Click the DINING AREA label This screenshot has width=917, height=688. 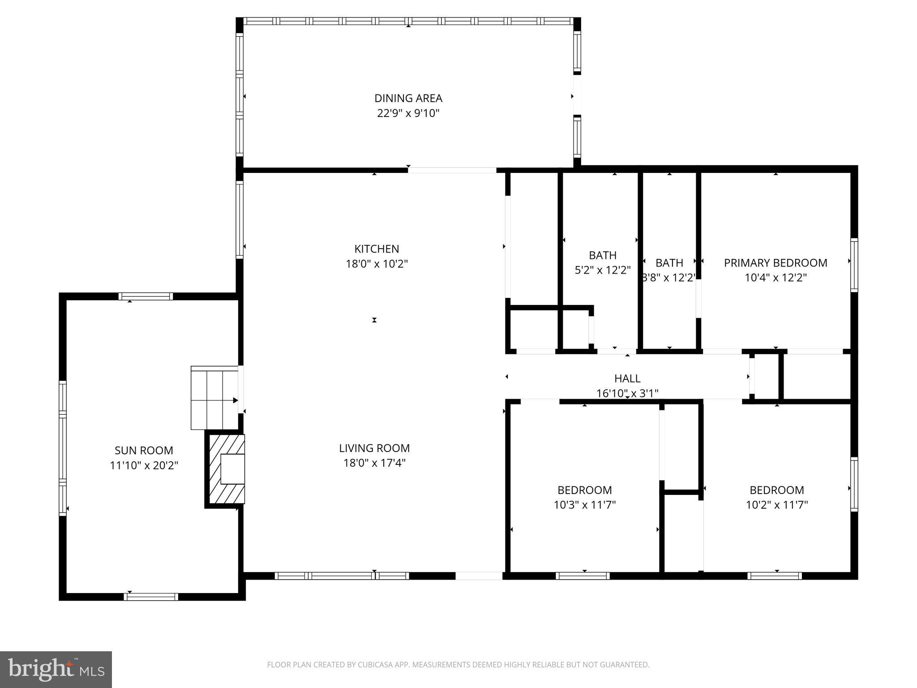[x=408, y=98]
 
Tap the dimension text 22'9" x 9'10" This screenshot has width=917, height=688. [x=408, y=113]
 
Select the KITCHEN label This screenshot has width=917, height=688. [x=377, y=249]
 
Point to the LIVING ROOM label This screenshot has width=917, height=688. [x=374, y=448]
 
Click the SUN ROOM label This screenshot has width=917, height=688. [x=144, y=450]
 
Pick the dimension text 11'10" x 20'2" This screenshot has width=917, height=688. [x=144, y=465]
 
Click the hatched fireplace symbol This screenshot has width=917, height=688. [x=225, y=469]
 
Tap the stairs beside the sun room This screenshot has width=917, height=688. [x=214, y=397]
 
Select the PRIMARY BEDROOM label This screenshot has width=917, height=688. [x=776, y=263]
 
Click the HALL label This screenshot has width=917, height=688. [x=627, y=378]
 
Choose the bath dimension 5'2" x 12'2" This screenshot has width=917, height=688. [x=602, y=270]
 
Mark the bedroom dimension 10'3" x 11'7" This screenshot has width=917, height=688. [x=584, y=505]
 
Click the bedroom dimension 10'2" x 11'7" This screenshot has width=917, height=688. [x=776, y=505]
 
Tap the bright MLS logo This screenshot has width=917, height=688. [x=56, y=669]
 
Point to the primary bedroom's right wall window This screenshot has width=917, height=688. [x=854, y=265]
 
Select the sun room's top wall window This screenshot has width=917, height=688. [x=146, y=296]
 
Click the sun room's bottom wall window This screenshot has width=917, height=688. [x=151, y=597]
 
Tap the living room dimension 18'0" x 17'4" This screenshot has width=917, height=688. [x=374, y=463]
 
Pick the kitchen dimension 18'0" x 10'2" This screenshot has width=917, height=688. [x=377, y=264]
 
